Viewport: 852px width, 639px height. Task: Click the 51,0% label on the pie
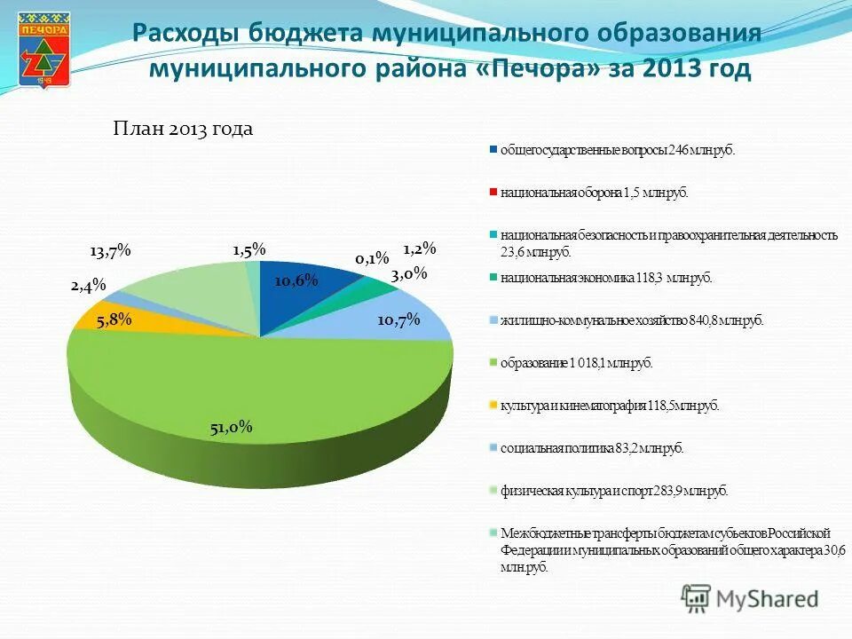tap(232, 427)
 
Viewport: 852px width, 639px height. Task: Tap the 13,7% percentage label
tap(110, 251)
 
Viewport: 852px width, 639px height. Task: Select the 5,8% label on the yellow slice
tap(114, 319)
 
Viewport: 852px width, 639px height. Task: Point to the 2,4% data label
tap(89, 285)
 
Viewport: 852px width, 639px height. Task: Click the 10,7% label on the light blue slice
tap(398, 319)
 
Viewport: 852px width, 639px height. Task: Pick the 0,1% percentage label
tap(372, 258)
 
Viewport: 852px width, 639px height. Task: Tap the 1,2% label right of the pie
tap(420, 249)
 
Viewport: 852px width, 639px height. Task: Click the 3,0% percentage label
tap(409, 273)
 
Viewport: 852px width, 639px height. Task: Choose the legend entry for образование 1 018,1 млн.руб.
tap(576, 363)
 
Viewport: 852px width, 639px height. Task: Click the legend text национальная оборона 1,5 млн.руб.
tap(594, 192)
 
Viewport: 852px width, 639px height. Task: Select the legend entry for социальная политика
tap(592, 448)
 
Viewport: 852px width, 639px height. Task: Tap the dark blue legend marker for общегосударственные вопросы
tap(493, 149)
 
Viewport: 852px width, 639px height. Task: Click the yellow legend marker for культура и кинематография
tap(493, 406)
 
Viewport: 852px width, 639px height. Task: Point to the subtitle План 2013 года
tap(183, 129)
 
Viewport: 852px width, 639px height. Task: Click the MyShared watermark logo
tap(750, 598)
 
